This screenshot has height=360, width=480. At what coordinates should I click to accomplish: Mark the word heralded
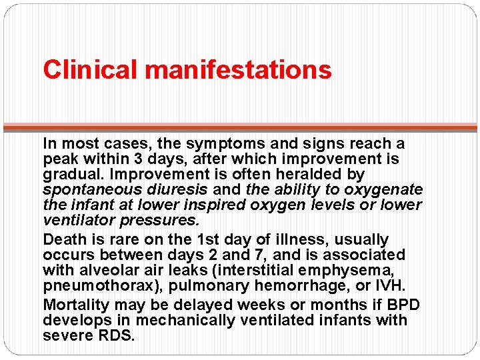coord(307,175)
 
